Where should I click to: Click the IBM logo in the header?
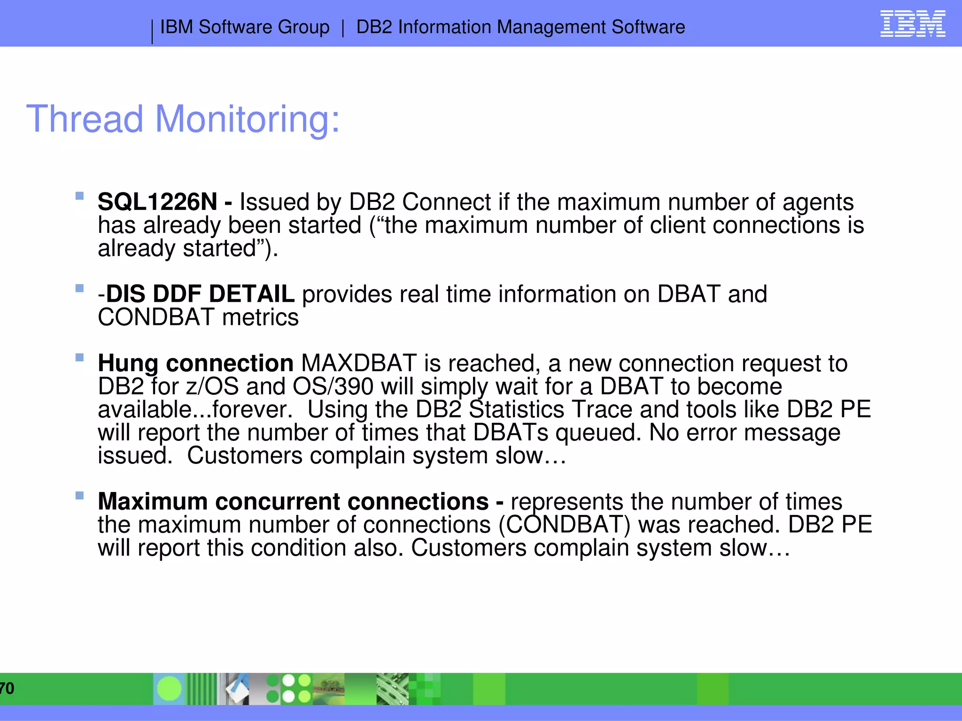tap(912, 24)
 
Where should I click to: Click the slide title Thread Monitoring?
tap(183, 119)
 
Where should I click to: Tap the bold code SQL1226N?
tap(157, 202)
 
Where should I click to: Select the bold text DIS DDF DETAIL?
tap(201, 294)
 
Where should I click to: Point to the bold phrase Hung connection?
tap(195, 363)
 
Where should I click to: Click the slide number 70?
tap(7, 689)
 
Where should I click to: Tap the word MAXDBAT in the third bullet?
tap(359, 363)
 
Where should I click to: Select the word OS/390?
tap(333, 386)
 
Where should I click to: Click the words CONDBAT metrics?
tap(198, 317)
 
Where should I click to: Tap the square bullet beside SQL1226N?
tap(79, 196)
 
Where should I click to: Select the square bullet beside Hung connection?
tap(79, 357)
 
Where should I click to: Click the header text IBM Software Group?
tap(245, 27)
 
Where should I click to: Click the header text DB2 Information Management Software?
tap(520, 27)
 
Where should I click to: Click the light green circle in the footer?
tap(169, 689)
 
